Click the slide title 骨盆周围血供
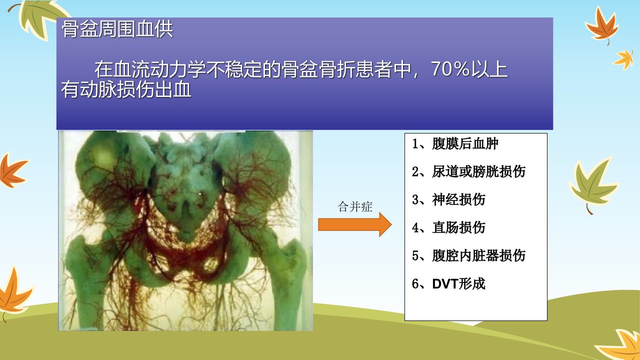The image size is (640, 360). point(117,29)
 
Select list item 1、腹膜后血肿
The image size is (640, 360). point(455,143)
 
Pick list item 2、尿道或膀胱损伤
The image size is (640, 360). point(468,171)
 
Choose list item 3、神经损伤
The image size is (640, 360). point(448,199)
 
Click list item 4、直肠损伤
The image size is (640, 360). point(448,227)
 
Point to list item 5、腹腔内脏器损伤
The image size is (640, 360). point(468,255)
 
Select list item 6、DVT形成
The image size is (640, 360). point(448,283)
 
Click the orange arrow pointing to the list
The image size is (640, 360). point(355,224)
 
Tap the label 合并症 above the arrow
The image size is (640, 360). point(355,207)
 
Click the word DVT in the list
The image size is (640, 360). point(445,283)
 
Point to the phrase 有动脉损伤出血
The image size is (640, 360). point(126,89)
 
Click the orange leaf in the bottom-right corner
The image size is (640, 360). point(621,345)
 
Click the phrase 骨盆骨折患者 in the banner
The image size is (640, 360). point(345,69)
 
